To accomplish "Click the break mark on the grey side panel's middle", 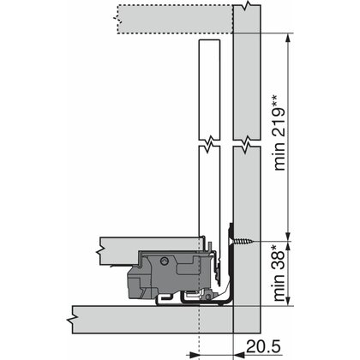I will coord(249,141).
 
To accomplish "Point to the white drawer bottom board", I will coord(146,246).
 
